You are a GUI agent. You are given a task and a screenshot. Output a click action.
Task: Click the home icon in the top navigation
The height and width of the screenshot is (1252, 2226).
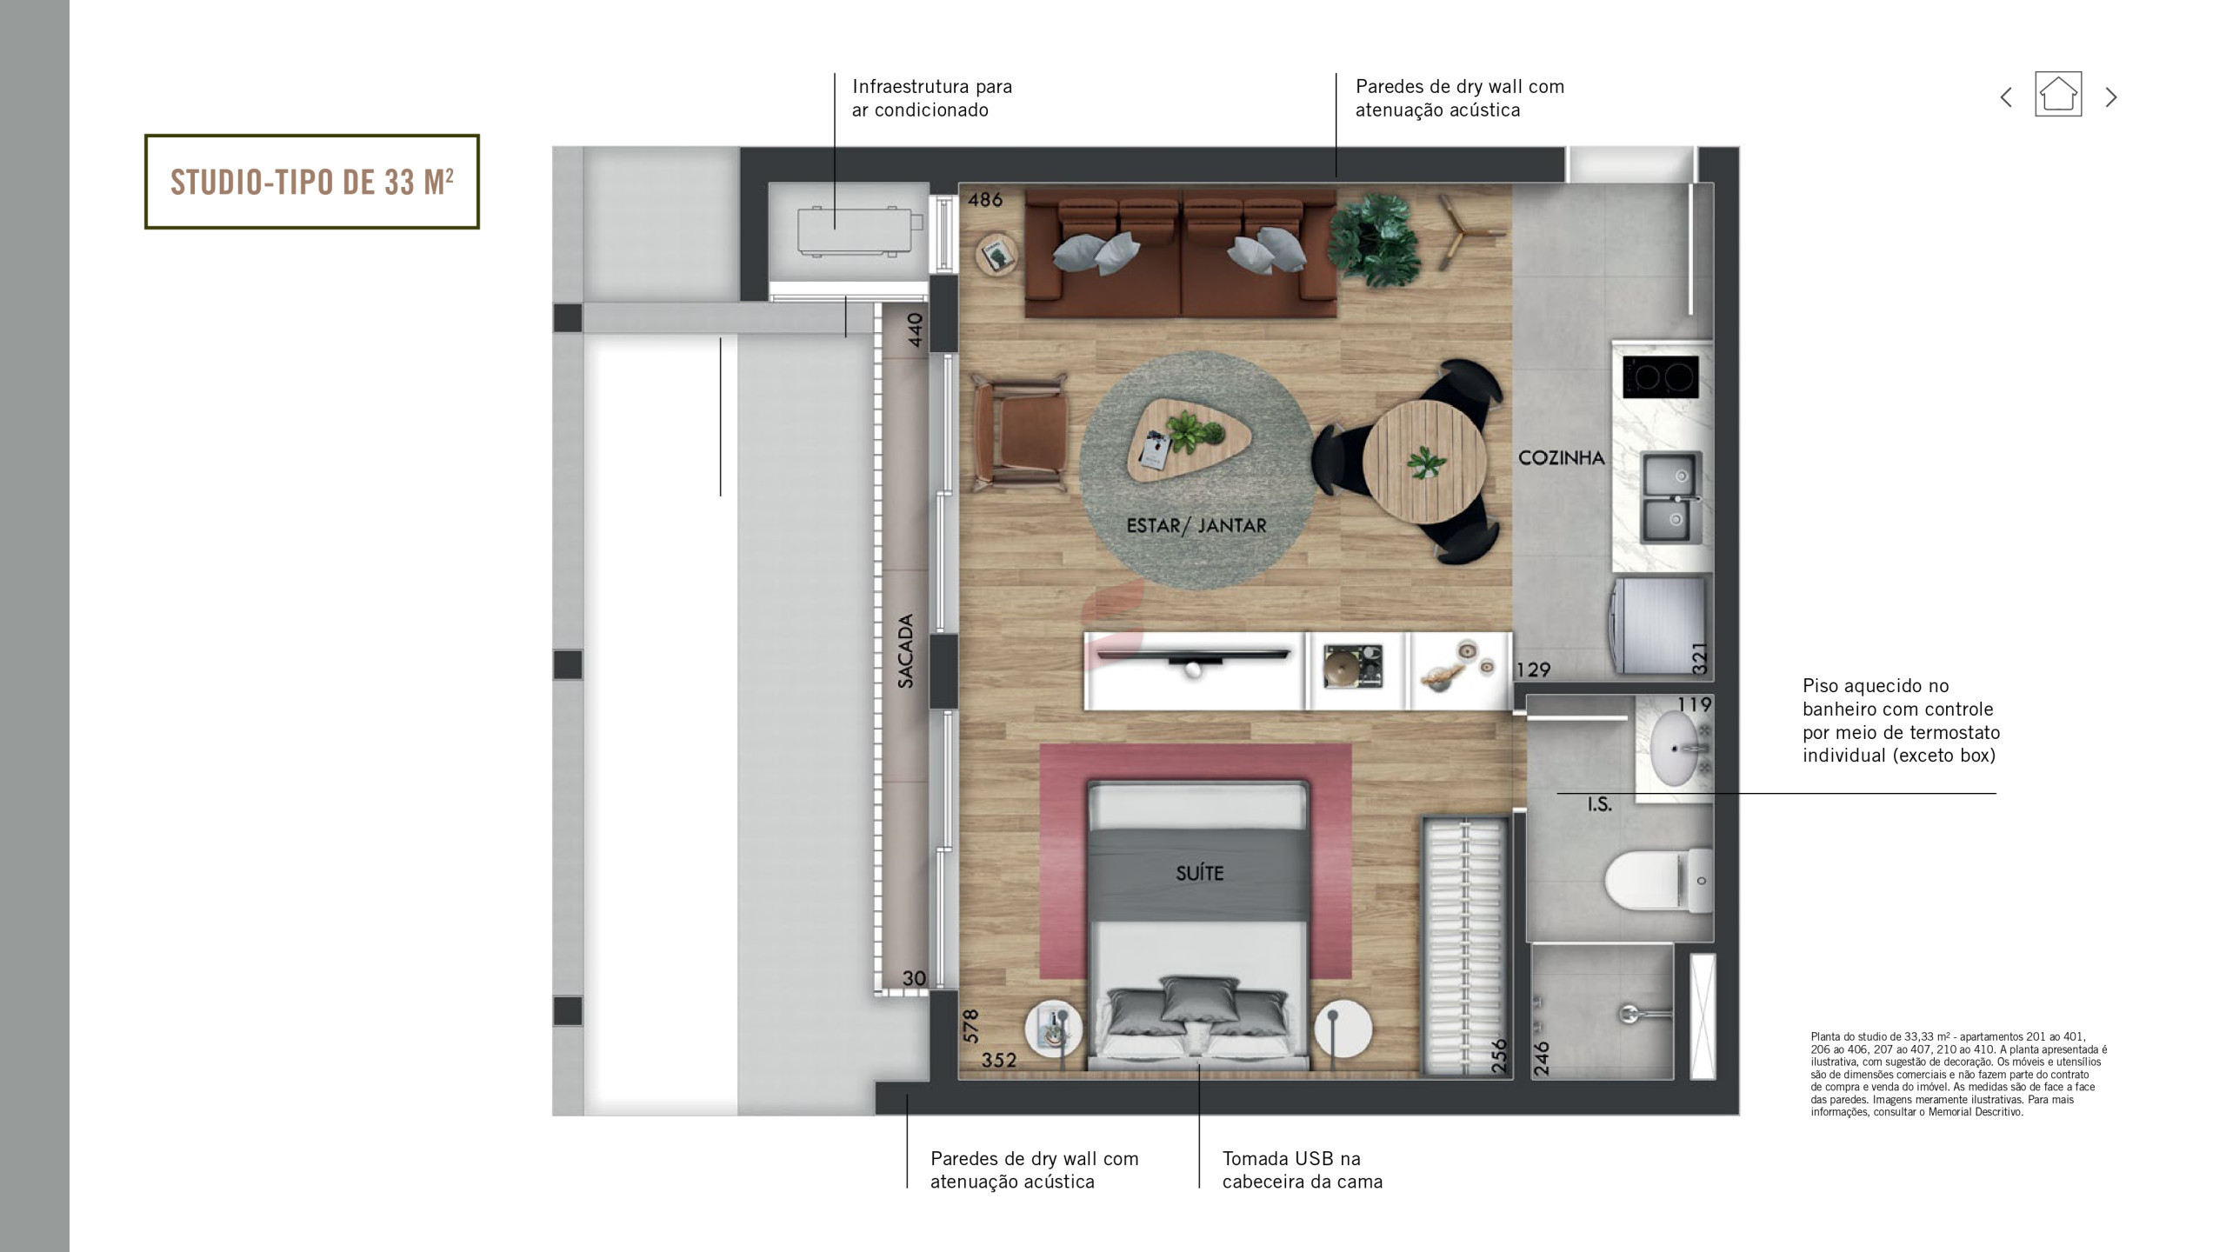(2057, 94)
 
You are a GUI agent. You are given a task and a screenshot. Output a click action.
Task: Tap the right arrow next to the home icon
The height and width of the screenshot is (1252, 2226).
(2110, 97)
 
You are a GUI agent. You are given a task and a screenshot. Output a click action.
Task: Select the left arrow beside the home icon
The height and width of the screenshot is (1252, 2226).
(2006, 97)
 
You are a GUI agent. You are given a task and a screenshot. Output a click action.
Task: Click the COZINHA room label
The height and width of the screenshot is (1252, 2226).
(1561, 457)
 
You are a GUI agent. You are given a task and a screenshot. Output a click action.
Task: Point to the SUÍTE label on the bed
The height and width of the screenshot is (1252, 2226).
(1199, 873)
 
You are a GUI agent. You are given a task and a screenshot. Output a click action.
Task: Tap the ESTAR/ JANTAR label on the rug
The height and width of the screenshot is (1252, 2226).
(1196, 525)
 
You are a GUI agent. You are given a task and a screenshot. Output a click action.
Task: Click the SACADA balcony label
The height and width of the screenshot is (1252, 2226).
(906, 651)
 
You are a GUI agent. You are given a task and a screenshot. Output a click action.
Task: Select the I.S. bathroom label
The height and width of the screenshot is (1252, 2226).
(1599, 804)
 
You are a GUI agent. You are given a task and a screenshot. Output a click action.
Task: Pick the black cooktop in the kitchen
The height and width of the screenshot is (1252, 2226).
(1660, 376)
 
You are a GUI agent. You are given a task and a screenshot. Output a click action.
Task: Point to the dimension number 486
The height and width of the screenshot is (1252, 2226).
(985, 200)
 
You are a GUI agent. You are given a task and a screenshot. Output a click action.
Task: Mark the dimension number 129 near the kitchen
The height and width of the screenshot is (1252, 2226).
(1533, 669)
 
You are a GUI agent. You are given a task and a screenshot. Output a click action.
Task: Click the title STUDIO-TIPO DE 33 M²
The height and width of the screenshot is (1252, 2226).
(311, 182)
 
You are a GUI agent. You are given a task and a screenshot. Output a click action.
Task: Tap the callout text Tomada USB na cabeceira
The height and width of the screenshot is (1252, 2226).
(1302, 1169)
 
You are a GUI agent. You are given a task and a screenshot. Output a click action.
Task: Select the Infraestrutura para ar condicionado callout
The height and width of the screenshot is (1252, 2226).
(931, 98)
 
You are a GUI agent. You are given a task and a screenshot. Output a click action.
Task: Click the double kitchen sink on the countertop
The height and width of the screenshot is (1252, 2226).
(1672, 497)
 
